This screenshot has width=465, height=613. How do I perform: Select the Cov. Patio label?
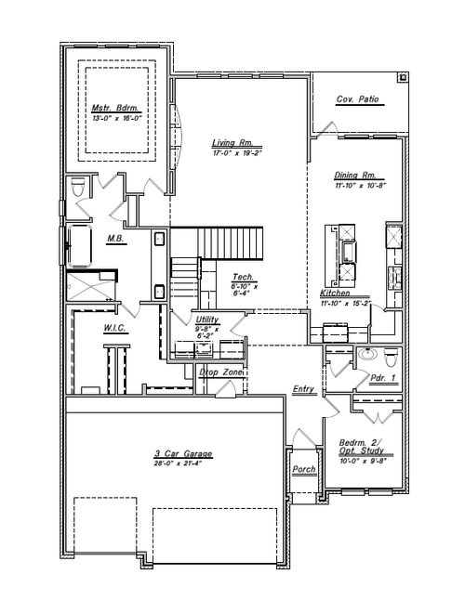coord(358,99)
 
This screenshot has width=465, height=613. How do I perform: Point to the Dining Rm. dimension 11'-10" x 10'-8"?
coord(360,185)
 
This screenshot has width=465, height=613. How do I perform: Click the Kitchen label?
coord(335,293)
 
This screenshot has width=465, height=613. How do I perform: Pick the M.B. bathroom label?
coord(115,239)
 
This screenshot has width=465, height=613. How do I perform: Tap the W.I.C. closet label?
coord(114,328)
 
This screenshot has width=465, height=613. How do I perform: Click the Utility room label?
coord(207,320)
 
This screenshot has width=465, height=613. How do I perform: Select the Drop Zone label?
coord(221,372)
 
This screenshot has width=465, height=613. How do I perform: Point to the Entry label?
coord(303,389)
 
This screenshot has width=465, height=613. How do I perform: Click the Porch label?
coord(304,469)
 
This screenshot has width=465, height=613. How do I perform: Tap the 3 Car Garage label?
coord(183,453)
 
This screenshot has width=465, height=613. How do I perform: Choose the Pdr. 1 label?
coord(382,378)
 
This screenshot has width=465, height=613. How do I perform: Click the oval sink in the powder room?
coord(367,355)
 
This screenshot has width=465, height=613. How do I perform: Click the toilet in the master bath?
coord(78,189)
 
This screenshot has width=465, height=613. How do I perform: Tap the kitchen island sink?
coord(348,251)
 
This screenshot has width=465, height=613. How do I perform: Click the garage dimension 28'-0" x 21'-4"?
coord(183,463)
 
